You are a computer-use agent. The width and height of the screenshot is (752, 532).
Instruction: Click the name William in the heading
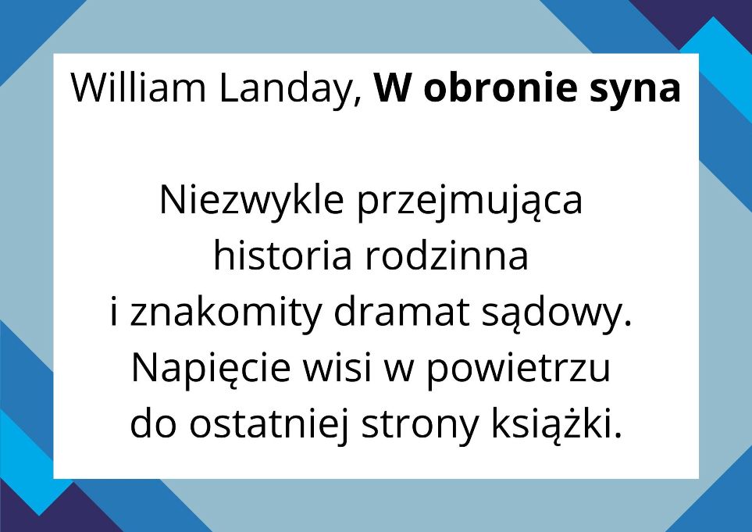(138, 87)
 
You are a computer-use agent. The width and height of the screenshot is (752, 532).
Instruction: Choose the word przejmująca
(469, 203)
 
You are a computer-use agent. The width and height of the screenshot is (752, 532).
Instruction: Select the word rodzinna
(447, 255)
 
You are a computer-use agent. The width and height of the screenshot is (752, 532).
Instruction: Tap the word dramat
(401, 311)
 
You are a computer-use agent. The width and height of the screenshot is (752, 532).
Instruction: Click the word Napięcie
(211, 370)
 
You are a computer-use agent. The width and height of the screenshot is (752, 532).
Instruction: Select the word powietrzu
(519, 370)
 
